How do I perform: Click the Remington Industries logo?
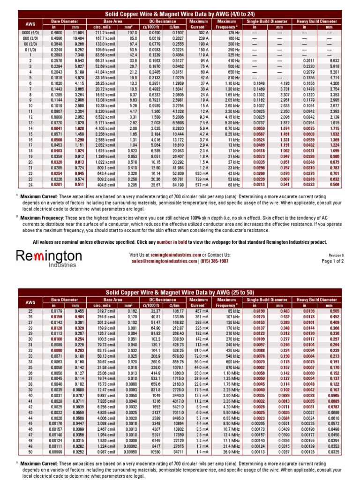(49, 259)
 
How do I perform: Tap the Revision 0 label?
(336, 255)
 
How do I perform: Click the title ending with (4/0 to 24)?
(180, 15)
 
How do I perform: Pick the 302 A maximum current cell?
(203, 32)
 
